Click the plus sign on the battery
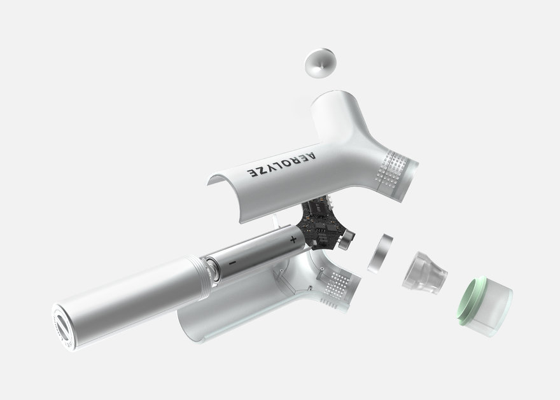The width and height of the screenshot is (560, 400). (x=293, y=240)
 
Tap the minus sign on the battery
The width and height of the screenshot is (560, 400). (x=232, y=263)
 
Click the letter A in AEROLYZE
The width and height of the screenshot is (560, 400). (x=311, y=156)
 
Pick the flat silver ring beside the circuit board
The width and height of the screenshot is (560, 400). (x=380, y=253)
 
